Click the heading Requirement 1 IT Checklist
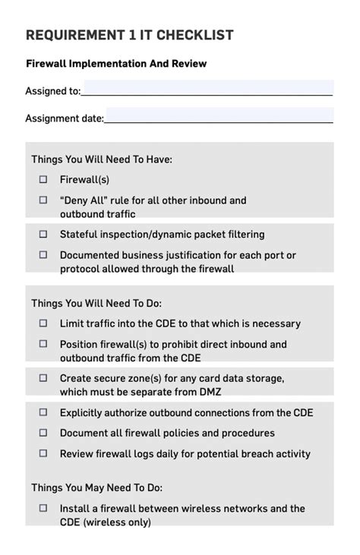pyautogui.click(x=129, y=35)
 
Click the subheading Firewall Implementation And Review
pyautogui.click(x=116, y=64)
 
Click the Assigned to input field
pyautogui.click(x=207, y=89)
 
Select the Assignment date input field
pyautogui.click(x=219, y=116)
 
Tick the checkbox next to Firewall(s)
pyautogui.click(x=43, y=180)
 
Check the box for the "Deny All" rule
pyautogui.click(x=43, y=200)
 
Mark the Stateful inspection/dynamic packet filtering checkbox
pyautogui.click(x=43, y=235)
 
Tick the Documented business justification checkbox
pyautogui.click(x=43, y=255)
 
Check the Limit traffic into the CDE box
pyautogui.click(x=43, y=323)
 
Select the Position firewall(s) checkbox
pyautogui.click(x=43, y=344)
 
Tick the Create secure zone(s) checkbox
pyautogui.click(x=43, y=377)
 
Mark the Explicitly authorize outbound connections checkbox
pyautogui.click(x=43, y=412)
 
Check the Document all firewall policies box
pyautogui.click(x=43, y=433)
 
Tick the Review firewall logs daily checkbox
pyautogui.click(x=43, y=453)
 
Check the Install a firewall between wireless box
pyautogui.click(x=43, y=508)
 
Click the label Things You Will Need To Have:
pyautogui.click(x=102, y=159)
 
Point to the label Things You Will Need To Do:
pyautogui.click(x=96, y=303)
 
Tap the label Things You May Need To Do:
pyautogui.click(x=96, y=487)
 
